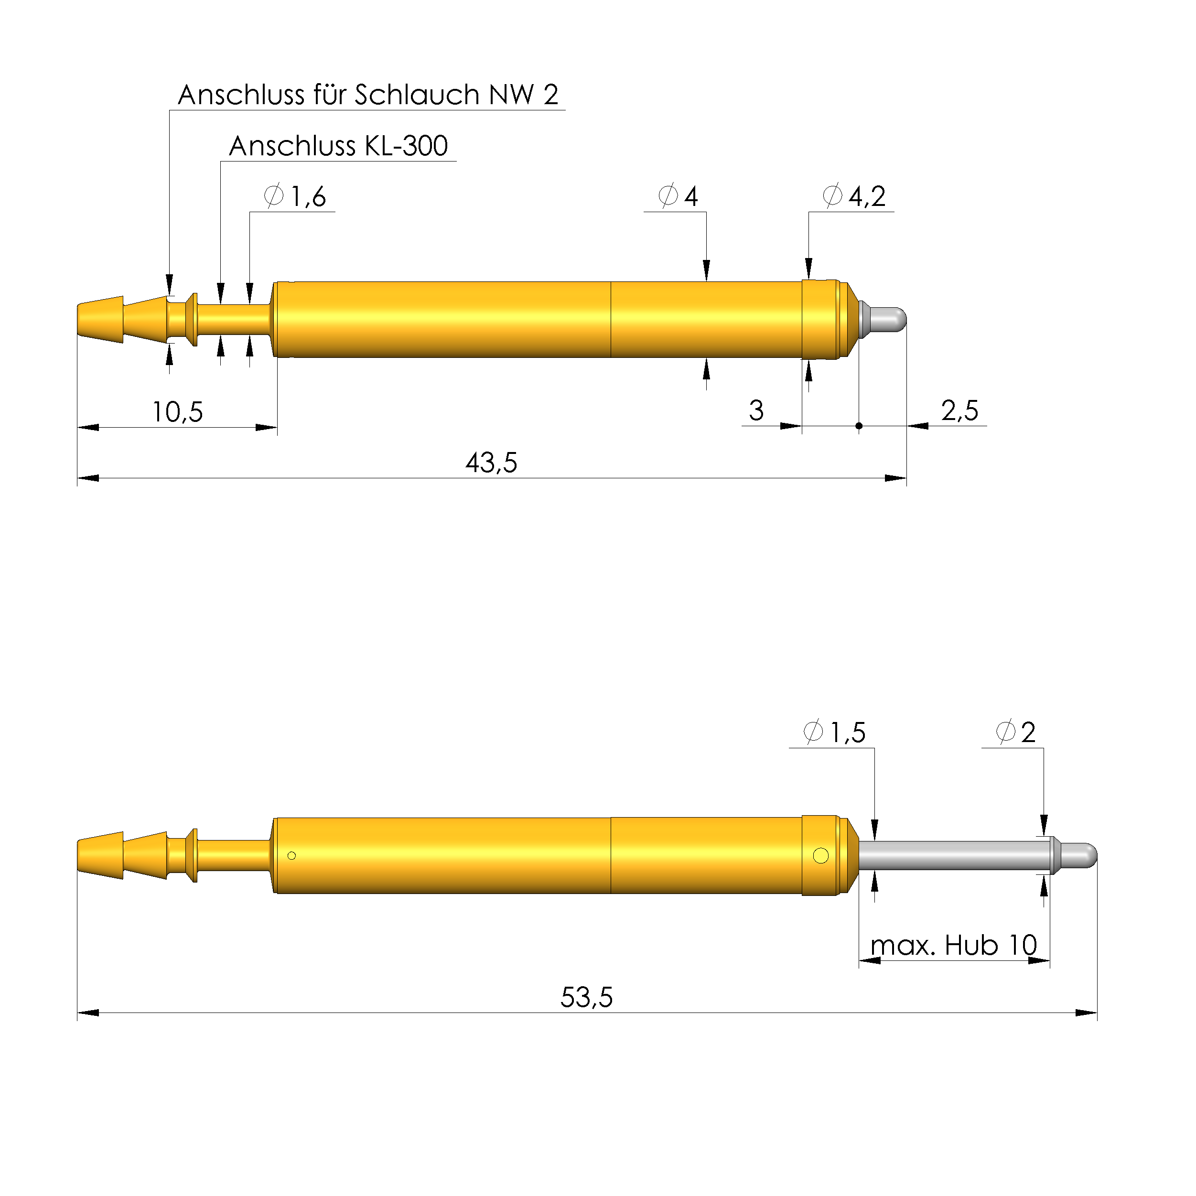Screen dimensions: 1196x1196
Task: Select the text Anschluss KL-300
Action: [338, 147]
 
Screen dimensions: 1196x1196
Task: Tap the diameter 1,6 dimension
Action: [295, 197]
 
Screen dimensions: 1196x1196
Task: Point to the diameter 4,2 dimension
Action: [854, 197]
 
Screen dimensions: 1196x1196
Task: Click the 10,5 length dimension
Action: [178, 412]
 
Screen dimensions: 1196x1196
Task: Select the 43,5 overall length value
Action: [491, 463]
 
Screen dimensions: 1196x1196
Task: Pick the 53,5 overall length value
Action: [586, 998]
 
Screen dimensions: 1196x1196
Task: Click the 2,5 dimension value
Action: [959, 411]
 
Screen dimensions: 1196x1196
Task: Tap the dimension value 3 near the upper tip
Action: [756, 411]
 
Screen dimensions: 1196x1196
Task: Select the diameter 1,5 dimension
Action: [834, 733]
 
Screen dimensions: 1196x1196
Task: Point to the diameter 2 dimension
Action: [1016, 733]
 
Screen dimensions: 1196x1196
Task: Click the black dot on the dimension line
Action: [859, 426]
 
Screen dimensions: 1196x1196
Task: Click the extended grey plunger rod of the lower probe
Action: [953, 855]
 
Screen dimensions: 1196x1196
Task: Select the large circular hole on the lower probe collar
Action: [821, 855]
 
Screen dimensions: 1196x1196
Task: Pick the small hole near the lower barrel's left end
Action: [291, 855]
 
